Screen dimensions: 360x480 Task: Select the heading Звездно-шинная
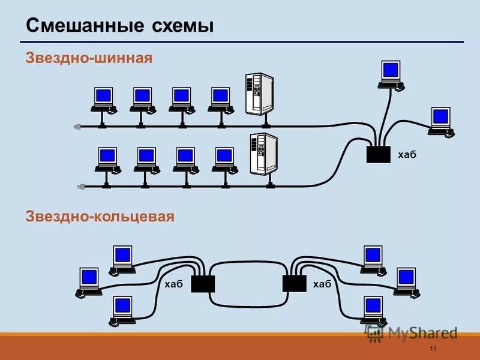pos(89,58)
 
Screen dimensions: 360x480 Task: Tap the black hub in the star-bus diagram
pos(378,154)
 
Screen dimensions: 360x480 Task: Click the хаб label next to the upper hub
pos(406,155)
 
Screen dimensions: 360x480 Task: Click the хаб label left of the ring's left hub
pos(173,284)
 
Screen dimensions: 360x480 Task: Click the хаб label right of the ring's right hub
pos(322,284)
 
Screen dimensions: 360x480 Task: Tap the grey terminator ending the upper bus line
pos(77,127)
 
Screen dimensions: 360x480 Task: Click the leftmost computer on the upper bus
pos(103,99)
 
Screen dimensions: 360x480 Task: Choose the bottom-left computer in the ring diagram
pos(122,310)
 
